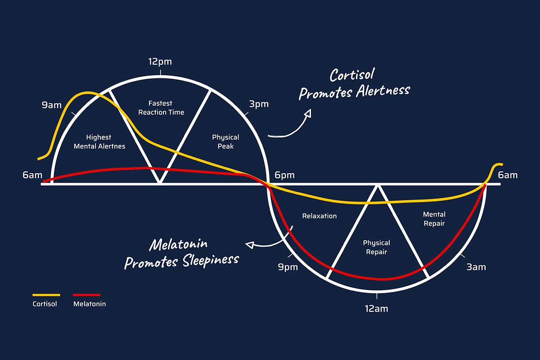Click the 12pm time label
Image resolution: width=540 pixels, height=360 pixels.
click(160, 62)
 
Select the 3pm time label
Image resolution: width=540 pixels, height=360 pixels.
click(258, 104)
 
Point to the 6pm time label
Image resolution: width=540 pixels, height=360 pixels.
click(284, 175)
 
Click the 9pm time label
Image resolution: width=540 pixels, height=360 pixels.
click(288, 267)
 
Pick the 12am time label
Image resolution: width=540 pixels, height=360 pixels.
click(377, 309)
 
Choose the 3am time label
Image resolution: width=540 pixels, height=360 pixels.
click(476, 267)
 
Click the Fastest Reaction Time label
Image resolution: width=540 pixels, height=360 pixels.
click(161, 108)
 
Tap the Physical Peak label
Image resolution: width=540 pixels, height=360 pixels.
click(225, 142)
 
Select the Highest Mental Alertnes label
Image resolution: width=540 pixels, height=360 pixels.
click(99, 142)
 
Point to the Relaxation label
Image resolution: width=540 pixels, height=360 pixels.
click(319, 216)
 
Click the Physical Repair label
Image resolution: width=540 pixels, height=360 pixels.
click(376, 247)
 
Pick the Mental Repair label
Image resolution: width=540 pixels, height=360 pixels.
click(434, 219)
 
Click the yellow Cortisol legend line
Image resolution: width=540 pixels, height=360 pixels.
click(46, 295)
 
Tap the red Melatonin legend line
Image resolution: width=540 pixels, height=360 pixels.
click(86, 295)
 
